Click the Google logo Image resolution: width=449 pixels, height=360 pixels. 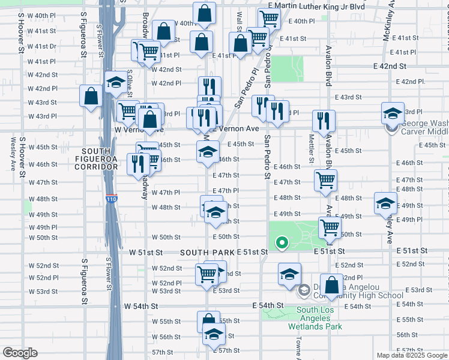[20, 353]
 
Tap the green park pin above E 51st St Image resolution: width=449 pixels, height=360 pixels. [282, 243]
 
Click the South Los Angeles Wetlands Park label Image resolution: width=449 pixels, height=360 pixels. [319, 318]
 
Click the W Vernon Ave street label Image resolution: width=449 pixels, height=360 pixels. [139, 130]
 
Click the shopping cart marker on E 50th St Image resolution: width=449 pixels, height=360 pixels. [330, 227]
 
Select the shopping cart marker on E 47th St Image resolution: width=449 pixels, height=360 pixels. [325, 179]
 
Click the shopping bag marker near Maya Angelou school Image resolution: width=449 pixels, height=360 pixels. [331, 284]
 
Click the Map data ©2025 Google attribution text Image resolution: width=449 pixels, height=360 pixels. [412, 355]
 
